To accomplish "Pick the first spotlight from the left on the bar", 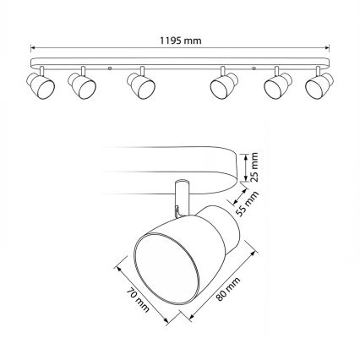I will tap(39, 86).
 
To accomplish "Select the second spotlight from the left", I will tap(80, 86).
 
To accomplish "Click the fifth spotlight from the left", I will tap(278, 86).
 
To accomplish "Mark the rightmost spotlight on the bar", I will tap(319, 86).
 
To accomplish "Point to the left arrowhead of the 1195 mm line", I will tap(33, 48).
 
